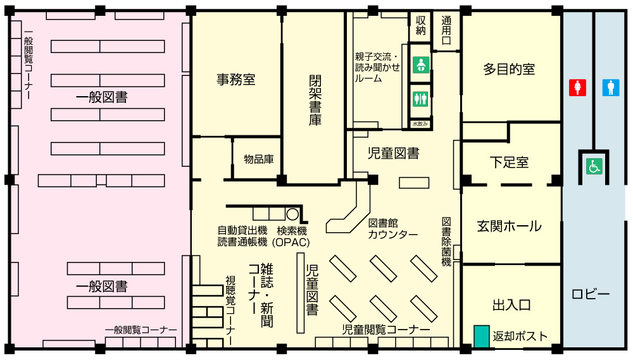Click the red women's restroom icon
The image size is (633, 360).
coord(577,87)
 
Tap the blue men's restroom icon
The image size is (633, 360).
coord(611,87)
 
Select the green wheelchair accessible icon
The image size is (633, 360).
coord(594,166)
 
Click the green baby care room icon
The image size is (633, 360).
coord(421,65)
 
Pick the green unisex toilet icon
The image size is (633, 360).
coord(421,99)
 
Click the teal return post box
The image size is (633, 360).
coord(481,336)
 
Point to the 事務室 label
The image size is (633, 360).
coord(236,80)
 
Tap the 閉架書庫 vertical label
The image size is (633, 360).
coord(315,101)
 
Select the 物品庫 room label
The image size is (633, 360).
coord(259,159)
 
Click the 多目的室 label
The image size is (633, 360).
coord(509,70)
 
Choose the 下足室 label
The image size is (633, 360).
coord(509,163)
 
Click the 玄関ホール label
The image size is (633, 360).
coord(509,226)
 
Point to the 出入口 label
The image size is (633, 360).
coord(511,305)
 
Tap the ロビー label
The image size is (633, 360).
coord(591,294)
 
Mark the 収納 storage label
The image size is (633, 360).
coord(421,25)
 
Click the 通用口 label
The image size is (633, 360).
coord(446,30)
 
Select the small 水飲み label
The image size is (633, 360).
coord(420,124)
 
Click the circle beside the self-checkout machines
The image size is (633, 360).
coord(292,214)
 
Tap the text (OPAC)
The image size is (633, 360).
coord(291,242)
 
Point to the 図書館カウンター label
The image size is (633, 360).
coord(393,229)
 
